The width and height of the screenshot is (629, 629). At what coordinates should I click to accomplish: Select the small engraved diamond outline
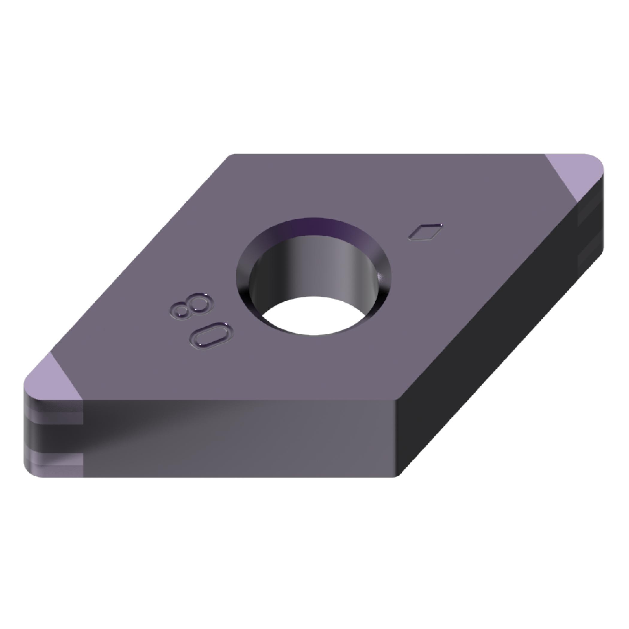(425, 232)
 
